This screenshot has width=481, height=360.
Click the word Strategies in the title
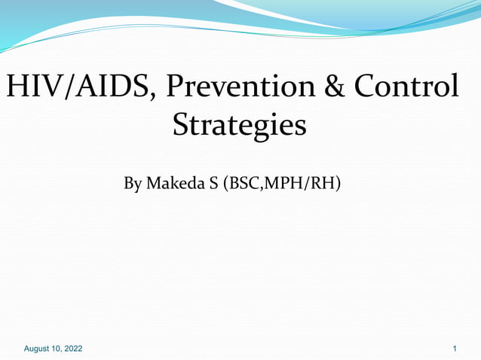tap(239, 125)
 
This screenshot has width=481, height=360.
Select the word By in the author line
tap(132, 183)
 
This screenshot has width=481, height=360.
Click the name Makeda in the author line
tap(172, 183)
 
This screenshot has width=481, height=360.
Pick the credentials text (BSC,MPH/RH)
tap(282, 183)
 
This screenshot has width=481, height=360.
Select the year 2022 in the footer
tap(72, 349)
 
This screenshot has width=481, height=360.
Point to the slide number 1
tap(455, 349)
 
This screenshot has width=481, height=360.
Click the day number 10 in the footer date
tap(57, 349)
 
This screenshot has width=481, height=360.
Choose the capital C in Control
tap(365, 87)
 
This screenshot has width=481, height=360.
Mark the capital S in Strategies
tap(182, 125)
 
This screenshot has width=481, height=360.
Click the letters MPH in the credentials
tap(286, 183)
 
